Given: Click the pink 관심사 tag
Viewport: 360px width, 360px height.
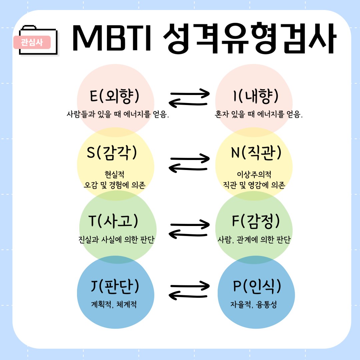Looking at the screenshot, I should (x=32, y=42).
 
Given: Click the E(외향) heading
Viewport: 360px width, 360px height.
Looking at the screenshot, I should (x=115, y=96).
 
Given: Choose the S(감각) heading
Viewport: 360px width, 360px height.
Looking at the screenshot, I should (x=112, y=152).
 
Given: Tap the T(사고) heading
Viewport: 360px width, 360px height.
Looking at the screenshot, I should (x=113, y=221).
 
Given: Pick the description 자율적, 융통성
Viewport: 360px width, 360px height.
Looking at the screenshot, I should (x=253, y=304).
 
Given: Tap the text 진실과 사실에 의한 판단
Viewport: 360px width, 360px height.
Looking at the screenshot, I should (x=115, y=240).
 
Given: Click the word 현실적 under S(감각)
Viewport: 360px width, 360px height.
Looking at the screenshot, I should (x=115, y=174).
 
